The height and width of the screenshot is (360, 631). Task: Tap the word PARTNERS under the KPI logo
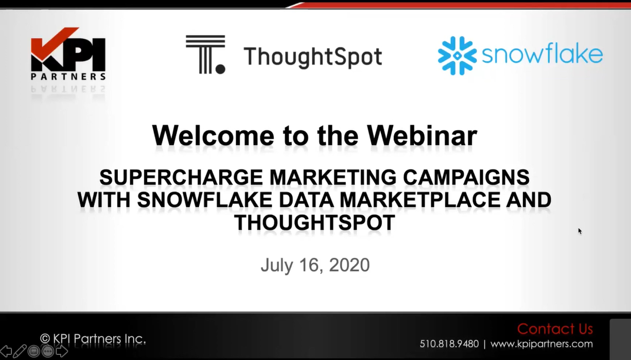(x=68, y=76)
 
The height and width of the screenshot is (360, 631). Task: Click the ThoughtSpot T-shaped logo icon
(x=206, y=55)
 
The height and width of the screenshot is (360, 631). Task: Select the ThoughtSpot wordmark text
(x=313, y=57)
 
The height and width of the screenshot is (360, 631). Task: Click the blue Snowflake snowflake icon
(x=457, y=56)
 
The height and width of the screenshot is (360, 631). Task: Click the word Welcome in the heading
(x=213, y=135)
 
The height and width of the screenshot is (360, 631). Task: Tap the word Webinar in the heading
(x=422, y=135)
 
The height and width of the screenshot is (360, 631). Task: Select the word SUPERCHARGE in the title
(x=181, y=177)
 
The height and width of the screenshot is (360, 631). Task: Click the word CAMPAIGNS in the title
(x=466, y=177)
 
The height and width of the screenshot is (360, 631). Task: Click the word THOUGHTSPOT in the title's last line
(x=314, y=222)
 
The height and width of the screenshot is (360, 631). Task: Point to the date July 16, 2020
(x=315, y=265)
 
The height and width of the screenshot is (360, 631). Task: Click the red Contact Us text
(x=555, y=329)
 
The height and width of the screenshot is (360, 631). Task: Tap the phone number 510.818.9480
(x=449, y=344)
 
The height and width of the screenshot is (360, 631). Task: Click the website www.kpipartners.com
(x=541, y=344)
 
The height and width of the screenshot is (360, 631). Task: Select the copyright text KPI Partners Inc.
(x=93, y=338)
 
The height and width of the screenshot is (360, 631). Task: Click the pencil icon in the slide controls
(x=20, y=351)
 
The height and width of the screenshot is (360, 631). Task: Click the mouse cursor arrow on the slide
(x=580, y=231)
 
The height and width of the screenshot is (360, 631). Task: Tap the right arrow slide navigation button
(x=62, y=351)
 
